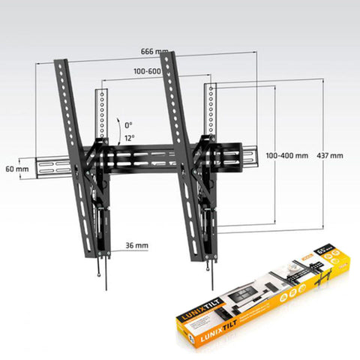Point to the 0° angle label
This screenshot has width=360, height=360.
click(128, 124)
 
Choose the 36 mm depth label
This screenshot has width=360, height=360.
click(137, 245)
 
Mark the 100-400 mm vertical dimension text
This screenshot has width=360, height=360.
click(286, 156)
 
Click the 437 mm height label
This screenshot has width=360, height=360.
click(331, 156)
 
